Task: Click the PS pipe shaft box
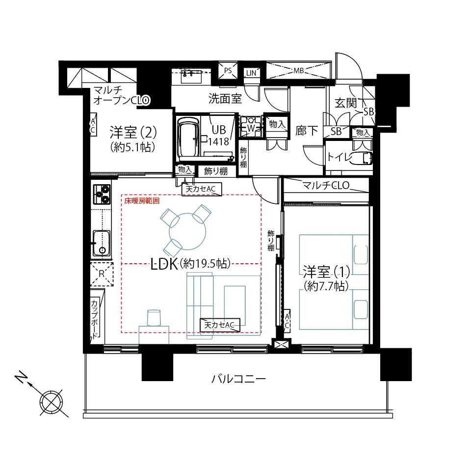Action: (x=228, y=71)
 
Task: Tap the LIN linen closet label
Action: (x=251, y=73)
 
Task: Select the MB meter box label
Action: (x=298, y=71)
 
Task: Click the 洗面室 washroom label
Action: (x=225, y=98)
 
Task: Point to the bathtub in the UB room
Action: (x=188, y=138)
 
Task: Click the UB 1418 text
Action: (x=218, y=136)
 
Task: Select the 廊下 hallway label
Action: (x=306, y=131)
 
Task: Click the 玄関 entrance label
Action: (x=346, y=103)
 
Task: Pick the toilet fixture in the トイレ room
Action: (x=362, y=158)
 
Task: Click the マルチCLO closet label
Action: (x=326, y=185)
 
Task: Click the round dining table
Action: (x=187, y=231)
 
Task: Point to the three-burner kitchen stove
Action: (x=102, y=194)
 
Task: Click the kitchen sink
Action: (x=101, y=243)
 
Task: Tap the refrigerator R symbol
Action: (x=102, y=274)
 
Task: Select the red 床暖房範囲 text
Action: (x=142, y=201)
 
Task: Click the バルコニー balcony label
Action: (x=238, y=379)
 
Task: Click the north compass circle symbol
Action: (x=52, y=402)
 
